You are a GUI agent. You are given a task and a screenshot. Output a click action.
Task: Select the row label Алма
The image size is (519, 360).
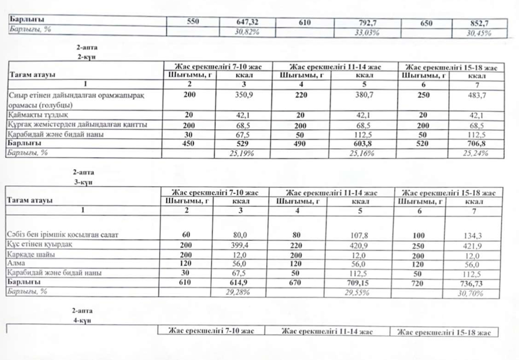pos(17,264)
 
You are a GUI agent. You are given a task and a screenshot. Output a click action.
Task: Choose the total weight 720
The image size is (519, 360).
pos(419,283)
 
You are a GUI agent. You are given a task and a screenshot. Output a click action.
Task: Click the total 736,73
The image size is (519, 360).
pos(476,283)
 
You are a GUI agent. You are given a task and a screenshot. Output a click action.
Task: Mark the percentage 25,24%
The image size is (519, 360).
pos(476,153)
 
